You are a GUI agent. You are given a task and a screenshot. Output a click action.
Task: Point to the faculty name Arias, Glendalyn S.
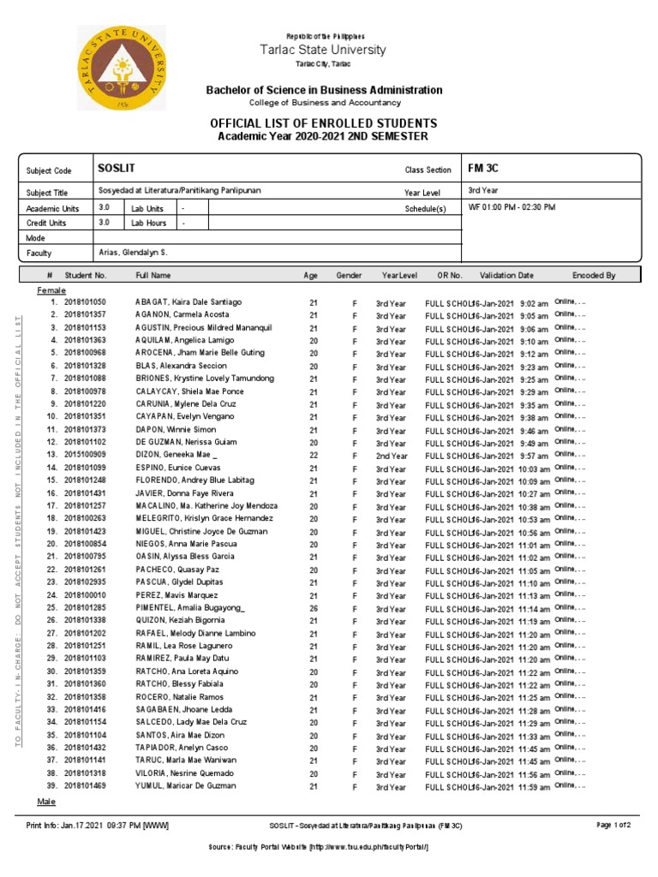coord(133,254)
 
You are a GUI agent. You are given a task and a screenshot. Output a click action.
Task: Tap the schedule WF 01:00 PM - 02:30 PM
coord(512,207)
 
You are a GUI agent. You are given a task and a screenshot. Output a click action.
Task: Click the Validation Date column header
coord(506,276)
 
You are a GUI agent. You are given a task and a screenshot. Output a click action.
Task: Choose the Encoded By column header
coord(594,276)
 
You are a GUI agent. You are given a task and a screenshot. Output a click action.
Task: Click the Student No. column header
coord(85,276)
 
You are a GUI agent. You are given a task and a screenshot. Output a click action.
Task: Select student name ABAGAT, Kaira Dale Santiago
coord(188,302)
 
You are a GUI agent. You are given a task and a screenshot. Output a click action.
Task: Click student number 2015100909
coord(85,455)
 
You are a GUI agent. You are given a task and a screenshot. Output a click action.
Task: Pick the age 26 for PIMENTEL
coord(314,608)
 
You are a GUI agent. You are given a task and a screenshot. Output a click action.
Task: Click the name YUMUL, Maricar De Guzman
coord(185,786)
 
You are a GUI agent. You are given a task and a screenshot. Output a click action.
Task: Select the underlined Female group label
coord(51,290)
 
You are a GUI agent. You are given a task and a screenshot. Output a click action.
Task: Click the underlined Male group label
coord(46,802)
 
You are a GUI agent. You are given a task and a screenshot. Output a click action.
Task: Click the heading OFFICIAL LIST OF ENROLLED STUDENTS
coord(323,123)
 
